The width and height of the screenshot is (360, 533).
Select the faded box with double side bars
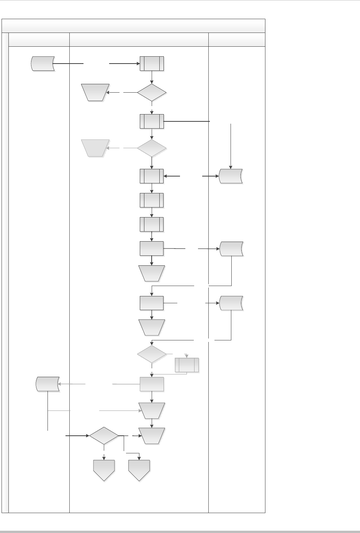(x=187, y=365)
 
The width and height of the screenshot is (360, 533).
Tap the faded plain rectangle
(x=152, y=384)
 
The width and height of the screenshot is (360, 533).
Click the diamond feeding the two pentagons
(x=104, y=436)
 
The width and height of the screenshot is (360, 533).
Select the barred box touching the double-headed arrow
(x=152, y=176)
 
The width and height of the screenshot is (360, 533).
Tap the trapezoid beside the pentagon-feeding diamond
(x=152, y=436)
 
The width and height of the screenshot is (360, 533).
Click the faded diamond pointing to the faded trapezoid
(x=152, y=148)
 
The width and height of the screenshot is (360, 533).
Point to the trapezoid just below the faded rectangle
(x=152, y=410)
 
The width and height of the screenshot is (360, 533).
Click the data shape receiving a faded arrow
(x=47, y=384)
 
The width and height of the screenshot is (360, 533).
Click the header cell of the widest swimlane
(x=139, y=40)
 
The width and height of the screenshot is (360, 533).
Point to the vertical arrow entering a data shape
(x=231, y=146)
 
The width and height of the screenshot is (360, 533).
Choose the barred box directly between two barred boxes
(x=152, y=200)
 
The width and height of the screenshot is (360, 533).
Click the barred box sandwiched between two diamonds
(x=152, y=121)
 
